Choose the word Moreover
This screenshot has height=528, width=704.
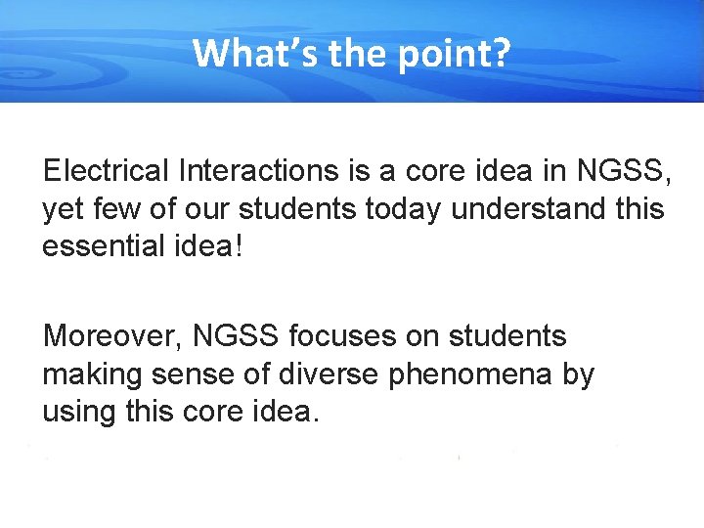(112, 336)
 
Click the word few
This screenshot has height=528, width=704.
(116, 209)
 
